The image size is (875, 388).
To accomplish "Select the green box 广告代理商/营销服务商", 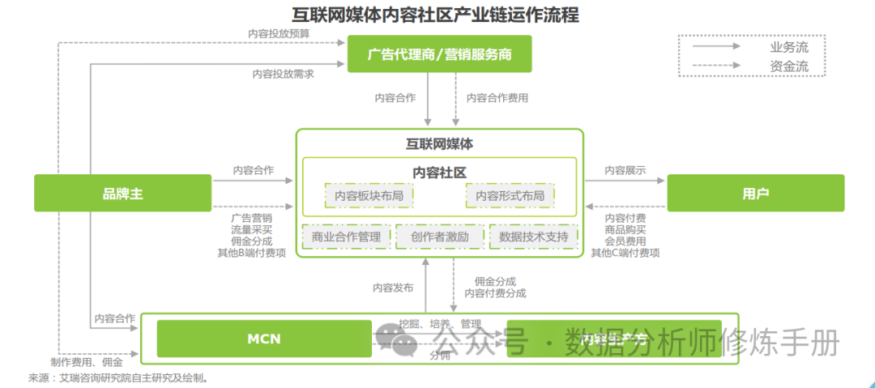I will coord(440,54).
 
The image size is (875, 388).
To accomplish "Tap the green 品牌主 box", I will coord(122,194).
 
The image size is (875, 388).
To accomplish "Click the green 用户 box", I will coord(755,194).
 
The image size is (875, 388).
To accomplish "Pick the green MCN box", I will coord(264,339).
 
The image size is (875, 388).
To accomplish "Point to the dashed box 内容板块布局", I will coord(369,195).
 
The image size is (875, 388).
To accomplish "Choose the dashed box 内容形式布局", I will coord(510,195).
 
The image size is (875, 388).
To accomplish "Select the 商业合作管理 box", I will coord(346,237).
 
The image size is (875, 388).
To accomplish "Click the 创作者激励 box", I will coord(439,237).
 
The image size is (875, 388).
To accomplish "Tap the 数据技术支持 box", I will coord(533,237).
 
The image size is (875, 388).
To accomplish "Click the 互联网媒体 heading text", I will coord(439,144).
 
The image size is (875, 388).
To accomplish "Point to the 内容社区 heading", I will coord(439,173).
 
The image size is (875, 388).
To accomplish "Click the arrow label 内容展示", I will coord(625,171).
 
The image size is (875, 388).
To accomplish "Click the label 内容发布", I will coord(393,288).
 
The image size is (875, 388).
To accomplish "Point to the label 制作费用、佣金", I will coord(87,362).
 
